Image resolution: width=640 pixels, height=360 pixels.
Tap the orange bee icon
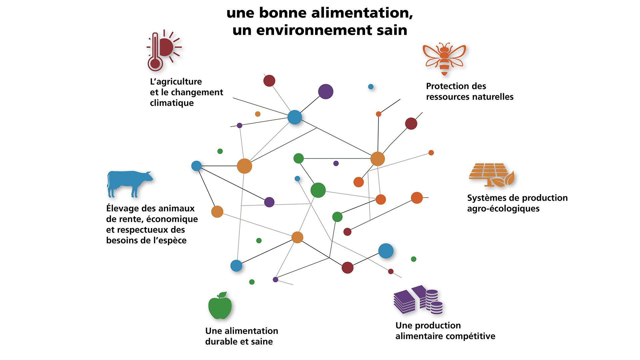[444, 58]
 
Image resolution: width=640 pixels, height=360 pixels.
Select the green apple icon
[220, 306]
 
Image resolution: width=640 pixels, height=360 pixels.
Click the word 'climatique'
[172, 103]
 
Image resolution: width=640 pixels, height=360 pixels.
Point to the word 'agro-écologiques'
[503, 209]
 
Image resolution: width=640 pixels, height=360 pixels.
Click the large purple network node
[326, 92]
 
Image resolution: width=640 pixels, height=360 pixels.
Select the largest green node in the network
[318, 190]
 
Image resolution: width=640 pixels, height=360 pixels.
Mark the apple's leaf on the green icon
[222, 294]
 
